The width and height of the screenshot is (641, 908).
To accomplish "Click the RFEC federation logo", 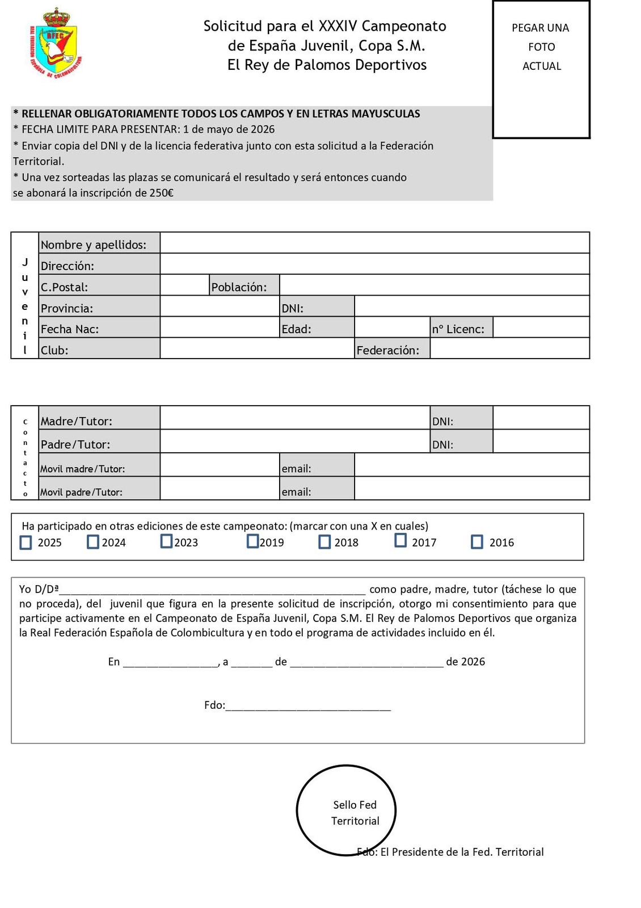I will click(x=54, y=43).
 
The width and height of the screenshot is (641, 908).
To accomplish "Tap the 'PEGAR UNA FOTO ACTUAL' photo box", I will click(x=541, y=69).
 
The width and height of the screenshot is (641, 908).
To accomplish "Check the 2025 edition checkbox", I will click(x=26, y=543).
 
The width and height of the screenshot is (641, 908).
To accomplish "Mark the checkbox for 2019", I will click(x=252, y=541).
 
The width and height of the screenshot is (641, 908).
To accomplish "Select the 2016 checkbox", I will click(x=477, y=542).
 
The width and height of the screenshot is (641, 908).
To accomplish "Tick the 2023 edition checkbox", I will click(x=166, y=541).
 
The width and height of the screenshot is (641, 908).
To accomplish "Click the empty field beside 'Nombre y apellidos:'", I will click(x=374, y=243).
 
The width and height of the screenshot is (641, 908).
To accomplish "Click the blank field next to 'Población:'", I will click(x=434, y=285).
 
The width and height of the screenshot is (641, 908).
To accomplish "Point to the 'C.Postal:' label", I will click(x=64, y=287).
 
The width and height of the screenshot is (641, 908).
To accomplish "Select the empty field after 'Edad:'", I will click(x=392, y=327).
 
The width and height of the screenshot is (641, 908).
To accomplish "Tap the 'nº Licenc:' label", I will click(x=458, y=329).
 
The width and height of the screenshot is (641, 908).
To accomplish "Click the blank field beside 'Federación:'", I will click(x=509, y=348).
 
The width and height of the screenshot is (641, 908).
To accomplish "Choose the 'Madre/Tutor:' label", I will click(x=77, y=421).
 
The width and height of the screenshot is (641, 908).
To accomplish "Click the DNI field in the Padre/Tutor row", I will click(x=541, y=442).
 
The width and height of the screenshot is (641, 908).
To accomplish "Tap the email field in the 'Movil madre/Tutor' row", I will click(x=471, y=465).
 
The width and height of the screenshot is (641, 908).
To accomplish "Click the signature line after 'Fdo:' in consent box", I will click(x=308, y=706).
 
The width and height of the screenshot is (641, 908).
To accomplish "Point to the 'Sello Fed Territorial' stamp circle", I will click(x=346, y=810).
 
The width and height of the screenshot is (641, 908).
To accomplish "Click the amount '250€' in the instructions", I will click(x=162, y=193).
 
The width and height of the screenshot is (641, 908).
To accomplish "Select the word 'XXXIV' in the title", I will click(x=338, y=26).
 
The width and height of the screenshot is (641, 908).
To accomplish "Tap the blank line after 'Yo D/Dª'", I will click(x=213, y=589).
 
